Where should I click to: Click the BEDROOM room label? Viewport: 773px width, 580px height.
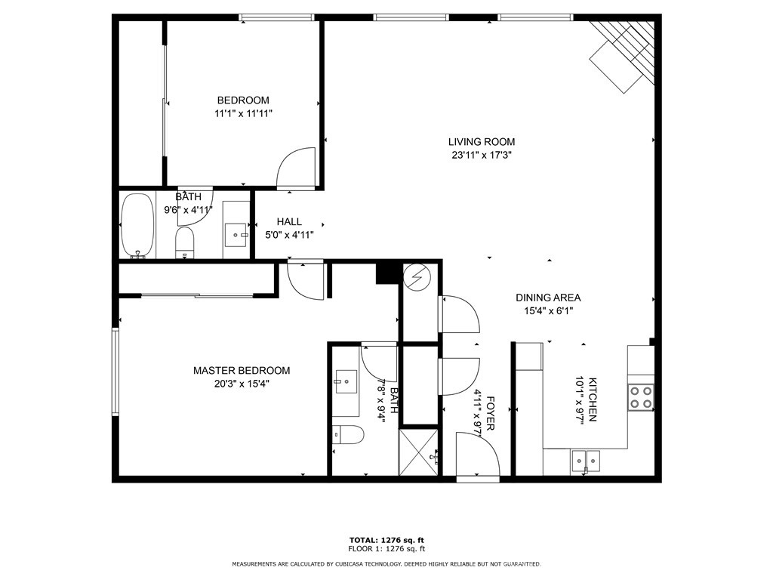(x=243, y=100)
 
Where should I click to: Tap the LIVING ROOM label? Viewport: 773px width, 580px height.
(x=481, y=142)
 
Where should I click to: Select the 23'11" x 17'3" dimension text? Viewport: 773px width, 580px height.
(x=481, y=156)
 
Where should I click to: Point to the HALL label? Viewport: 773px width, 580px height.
(x=289, y=222)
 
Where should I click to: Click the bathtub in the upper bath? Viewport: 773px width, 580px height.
(x=137, y=225)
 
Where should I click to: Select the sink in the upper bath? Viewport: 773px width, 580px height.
(x=236, y=235)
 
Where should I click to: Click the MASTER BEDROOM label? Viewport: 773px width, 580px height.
(x=242, y=370)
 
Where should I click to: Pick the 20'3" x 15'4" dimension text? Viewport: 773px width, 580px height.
(x=242, y=384)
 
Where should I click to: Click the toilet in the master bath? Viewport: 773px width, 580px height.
(x=348, y=435)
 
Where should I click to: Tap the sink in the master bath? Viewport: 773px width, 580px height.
(x=346, y=381)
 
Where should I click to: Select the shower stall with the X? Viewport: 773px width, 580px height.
(x=418, y=452)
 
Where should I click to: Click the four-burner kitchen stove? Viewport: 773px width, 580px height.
(x=641, y=397)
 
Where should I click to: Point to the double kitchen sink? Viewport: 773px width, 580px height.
(x=586, y=461)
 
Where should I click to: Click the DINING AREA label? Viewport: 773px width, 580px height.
(x=548, y=298)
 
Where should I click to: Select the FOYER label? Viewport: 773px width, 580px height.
(x=490, y=413)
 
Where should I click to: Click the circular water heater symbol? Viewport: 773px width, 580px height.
(x=418, y=278)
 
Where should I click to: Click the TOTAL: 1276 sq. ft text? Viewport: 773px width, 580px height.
(x=386, y=540)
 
